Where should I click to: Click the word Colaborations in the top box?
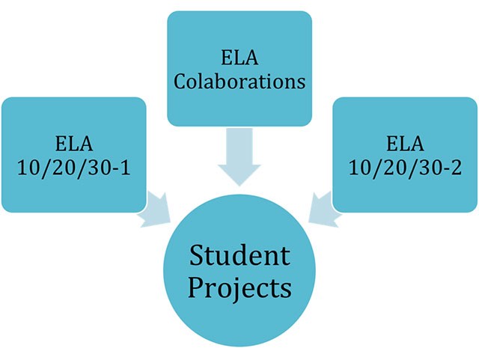[x=239, y=80]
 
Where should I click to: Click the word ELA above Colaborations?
[x=239, y=56]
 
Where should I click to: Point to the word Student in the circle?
[x=239, y=256]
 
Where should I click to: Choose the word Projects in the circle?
[x=239, y=287]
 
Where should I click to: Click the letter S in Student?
[x=196, y=257]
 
